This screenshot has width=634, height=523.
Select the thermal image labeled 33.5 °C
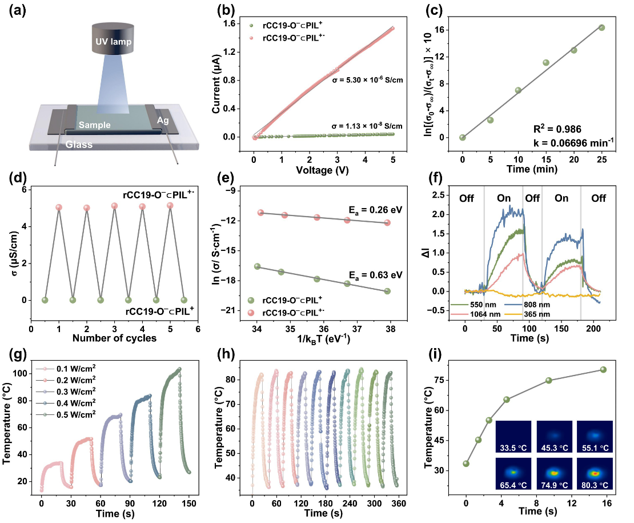click(x=514, y=437)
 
